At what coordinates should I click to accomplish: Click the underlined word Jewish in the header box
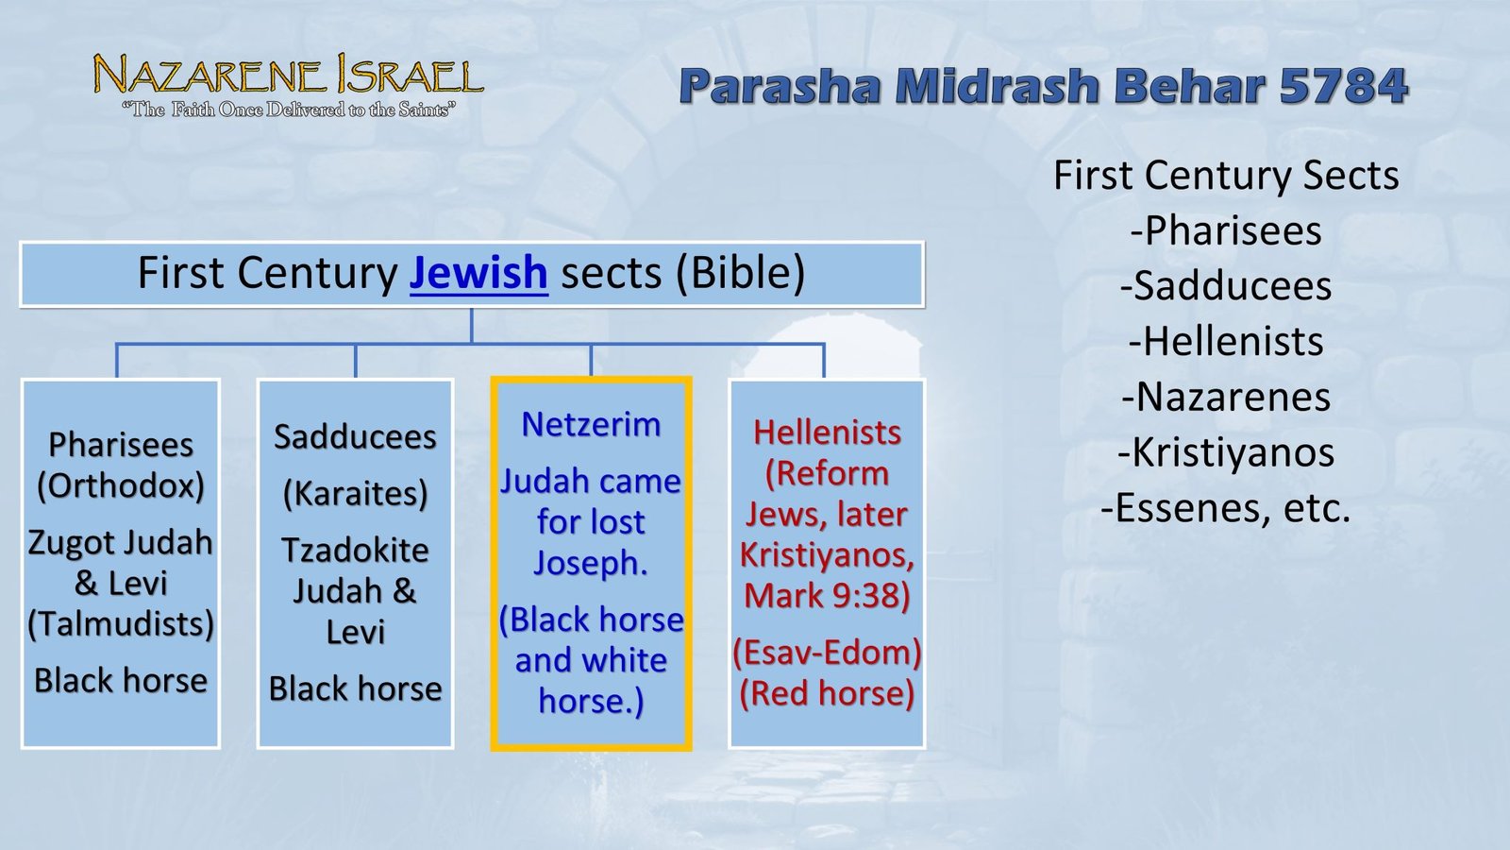(478, 273)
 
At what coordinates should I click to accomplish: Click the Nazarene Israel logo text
(288, 76)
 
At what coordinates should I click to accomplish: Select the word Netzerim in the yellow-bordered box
(591, 425)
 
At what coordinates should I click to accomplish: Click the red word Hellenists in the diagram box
(827, 433)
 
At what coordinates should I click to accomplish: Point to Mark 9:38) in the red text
(827, 596)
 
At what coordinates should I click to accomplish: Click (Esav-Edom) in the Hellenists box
(827, 653)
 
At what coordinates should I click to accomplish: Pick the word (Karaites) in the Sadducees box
(356, 493)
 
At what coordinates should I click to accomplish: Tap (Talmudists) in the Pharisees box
(121, 624)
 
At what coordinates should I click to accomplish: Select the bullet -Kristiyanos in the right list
(1226, 452)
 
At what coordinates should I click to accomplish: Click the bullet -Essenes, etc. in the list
(1226, 508)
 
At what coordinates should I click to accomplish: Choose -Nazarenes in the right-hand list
(1226, 397)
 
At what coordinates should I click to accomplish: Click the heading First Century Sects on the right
(1226, 176)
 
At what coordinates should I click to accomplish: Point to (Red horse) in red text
(827, 693)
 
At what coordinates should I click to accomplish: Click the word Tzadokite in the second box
(356, 550)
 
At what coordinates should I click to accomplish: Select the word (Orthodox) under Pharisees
(121, 485)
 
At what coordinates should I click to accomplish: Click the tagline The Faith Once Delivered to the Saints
(288, 110)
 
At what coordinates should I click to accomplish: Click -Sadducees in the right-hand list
(1226, 286)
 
